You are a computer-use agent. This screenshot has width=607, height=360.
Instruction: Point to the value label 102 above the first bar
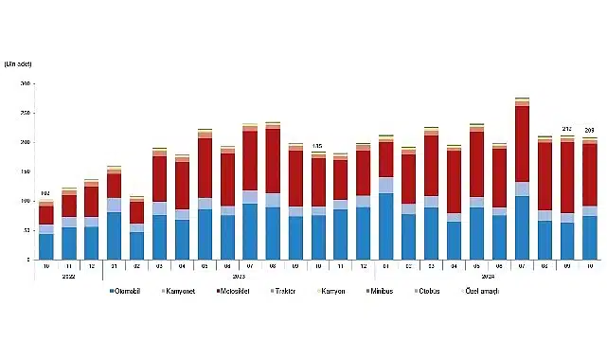(45, 193)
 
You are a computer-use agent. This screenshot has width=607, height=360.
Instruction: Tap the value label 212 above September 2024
(567, 130)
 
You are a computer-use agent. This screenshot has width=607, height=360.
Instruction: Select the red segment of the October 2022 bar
(45, 215)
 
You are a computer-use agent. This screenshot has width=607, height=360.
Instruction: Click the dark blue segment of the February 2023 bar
(136, 245)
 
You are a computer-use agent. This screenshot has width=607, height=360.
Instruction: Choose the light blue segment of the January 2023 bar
(114, 206)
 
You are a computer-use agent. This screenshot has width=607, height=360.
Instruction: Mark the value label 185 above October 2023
(317, 146)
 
